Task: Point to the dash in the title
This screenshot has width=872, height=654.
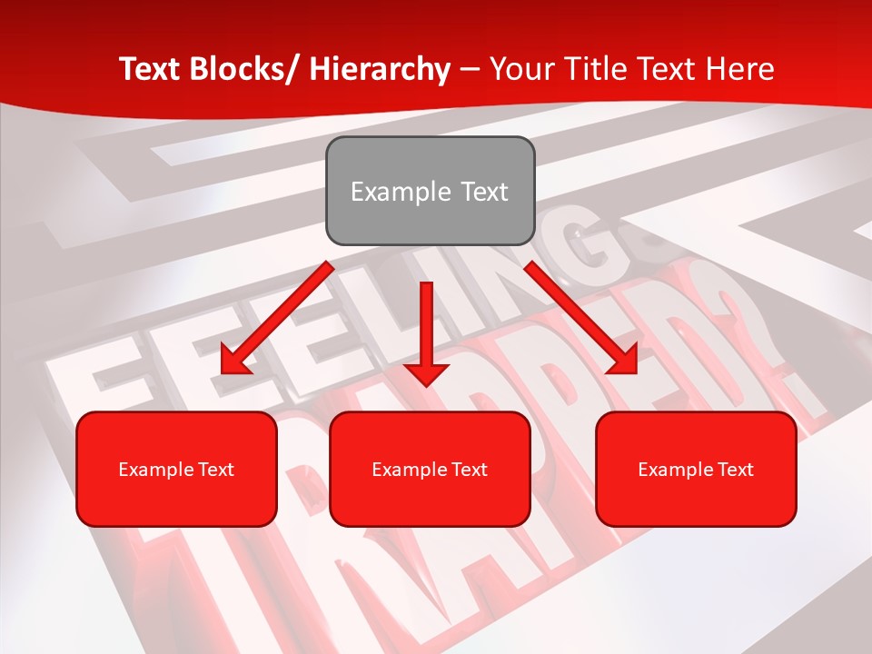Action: (470, 69)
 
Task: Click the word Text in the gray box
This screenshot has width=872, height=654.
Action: (483, 192)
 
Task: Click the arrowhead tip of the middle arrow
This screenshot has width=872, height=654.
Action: (427, 386)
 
